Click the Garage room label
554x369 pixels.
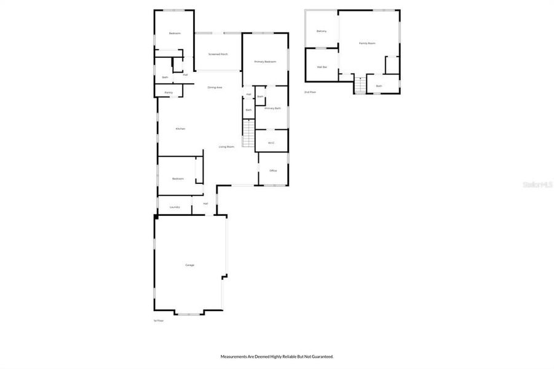click(190, 265)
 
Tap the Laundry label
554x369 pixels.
click(175, 207)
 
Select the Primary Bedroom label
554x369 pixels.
click(266, 62)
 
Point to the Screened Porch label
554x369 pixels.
click(218, 54)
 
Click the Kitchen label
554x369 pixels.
click(180, 129)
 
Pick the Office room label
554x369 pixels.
click(273, 170)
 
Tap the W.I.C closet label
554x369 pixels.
click(271, 143)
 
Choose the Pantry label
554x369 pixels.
click(168, 92)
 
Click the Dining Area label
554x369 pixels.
click(215, 87)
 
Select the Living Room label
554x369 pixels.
click(226, 147)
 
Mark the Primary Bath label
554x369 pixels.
click(273, 108)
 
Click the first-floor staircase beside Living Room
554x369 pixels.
click(248, 133)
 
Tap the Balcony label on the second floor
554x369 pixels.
click(321, 31)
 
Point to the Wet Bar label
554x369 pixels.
click(322, 66)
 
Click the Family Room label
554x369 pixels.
click(367, 43)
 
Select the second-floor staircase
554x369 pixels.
click(360, 85)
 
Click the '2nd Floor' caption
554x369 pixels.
click(310, 92)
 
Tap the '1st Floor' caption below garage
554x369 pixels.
click(159, 320)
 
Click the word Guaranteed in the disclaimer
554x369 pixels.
click(320, 356)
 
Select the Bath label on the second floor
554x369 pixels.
click(379, 86)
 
